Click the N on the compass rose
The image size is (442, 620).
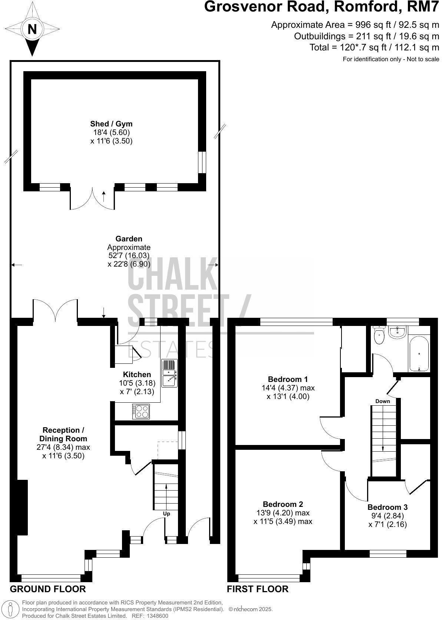(x=32, y=29)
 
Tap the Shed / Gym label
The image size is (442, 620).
(x=111, y=124)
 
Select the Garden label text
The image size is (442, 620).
(x=129, y=239)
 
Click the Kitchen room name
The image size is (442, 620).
(x=137, y=375)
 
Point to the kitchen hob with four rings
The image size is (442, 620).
(x=141, y=412)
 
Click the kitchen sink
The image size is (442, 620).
(x=169, y=373)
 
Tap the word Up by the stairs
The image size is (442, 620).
(x=167, y=514)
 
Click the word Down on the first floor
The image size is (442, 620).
(x=383, y=401)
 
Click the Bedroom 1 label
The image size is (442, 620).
(x=288, y=379)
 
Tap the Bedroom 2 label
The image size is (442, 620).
(x=283, y=504)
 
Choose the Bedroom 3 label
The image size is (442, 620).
(x=387, y=507)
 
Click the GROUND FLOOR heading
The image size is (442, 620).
(x=48, y=589)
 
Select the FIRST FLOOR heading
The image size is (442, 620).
(x=257, y=589)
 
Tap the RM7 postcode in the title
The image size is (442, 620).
(x=426, y=7)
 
